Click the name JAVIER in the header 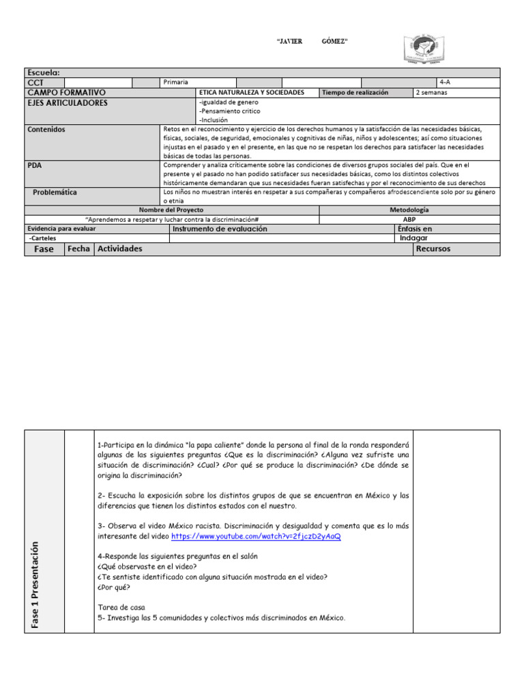click(289, 42)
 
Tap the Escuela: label click(43, 72)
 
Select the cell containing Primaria click(176, 83)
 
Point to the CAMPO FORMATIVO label click(66, 92)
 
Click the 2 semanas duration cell click(431, 92)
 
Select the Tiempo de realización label click(355, 92)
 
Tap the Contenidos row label click(46, 128)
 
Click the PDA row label click(35, 165)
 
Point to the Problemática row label click(55, 192)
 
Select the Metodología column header click(409, 210)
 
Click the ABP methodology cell click(409, 220)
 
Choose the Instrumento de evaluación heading click(220, 229)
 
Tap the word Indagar click(414, 238)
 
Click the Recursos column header click(433, 249)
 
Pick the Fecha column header click(78, 249)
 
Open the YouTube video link click(256, 537)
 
